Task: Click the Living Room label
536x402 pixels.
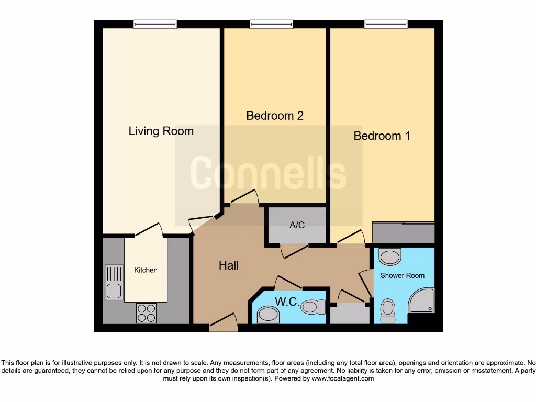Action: click(x=161, y=131)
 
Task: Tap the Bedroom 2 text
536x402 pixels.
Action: click(x=275, y=115)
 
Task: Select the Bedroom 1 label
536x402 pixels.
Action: click(x=382, y=136)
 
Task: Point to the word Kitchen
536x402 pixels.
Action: click(x=146, y=270)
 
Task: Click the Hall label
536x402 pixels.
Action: click(x=229, y=266)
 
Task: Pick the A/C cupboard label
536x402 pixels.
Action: click(x=297, y=226)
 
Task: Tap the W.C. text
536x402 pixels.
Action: click(x=286, y=302)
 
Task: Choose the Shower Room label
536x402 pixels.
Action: click(x=402, y=275)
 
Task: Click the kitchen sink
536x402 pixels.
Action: click(x=114, y=282)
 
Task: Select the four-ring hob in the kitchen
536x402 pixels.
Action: click(x=146, y=312)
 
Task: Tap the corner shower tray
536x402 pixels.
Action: click(x=422, y=300)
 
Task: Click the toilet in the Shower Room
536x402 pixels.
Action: click(x=388, y=311)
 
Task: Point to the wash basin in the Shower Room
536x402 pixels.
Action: click(x=389, y=256)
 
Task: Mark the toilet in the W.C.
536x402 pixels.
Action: click(x=313, y=306)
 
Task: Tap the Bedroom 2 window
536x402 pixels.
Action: click(x=271, y=24)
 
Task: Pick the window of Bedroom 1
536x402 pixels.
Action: click(x=386, y=24)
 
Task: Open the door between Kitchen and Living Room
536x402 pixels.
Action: click(x=148, y=230)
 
